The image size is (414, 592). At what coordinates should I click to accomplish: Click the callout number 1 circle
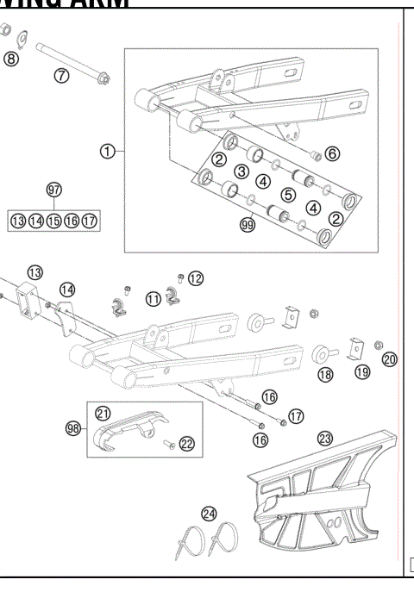pyautogui.click(x=107, y=152)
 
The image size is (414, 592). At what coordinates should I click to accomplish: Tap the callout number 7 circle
pyautogui.click(x=61, y=75)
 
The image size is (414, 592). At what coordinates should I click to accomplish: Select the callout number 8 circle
pyautogui.click(x=10, y=59)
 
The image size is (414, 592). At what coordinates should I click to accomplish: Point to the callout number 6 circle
pyautogui.click(x=332, y=154)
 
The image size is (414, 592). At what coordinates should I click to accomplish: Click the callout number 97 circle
pyautogui.click(x=53, y=189)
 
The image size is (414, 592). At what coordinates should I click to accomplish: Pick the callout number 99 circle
pyautogui.click(x=249, y=226)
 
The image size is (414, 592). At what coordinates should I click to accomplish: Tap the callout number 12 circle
pyautogui.click(x=196, y=277)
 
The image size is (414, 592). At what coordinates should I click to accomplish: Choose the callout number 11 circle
pyautogui.click(x=153, y=299)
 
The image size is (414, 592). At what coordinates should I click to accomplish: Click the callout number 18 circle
pyautogui.click(x=324, y=375)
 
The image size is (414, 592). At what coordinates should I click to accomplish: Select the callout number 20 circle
pyautogui.click(x=389, y=359)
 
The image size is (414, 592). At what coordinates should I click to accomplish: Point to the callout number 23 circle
pyautogui.click(x=324, y=438)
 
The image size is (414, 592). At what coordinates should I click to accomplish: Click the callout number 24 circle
pyautogui.click(x=209, y=514)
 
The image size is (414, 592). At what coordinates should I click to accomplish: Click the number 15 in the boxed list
pyautogui.click(x=53, y=221)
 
